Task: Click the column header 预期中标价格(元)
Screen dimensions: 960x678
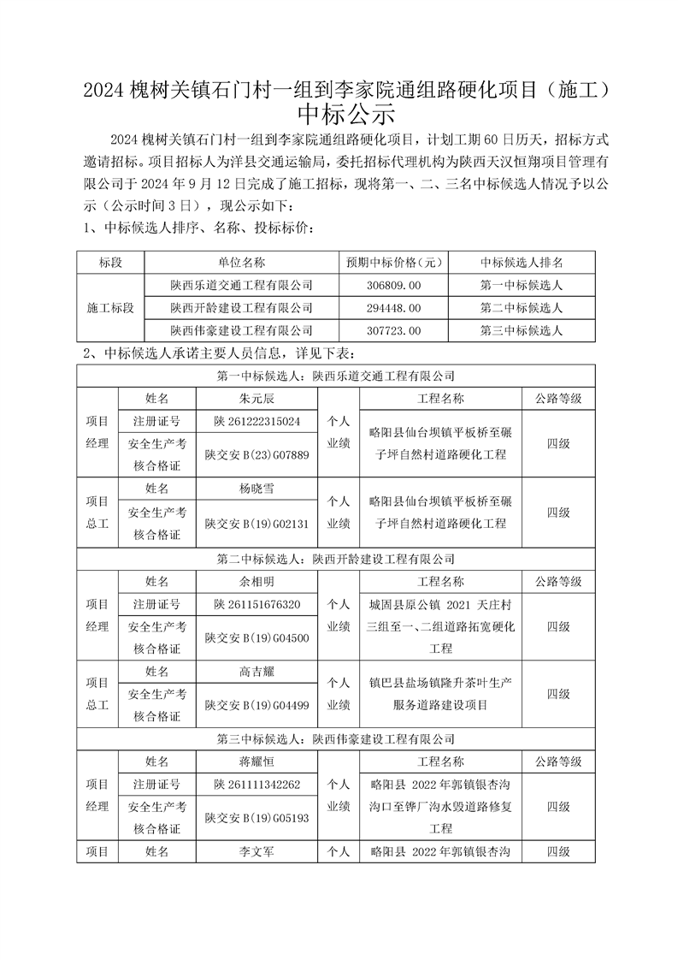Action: pyautogui.click(x=393, y=263)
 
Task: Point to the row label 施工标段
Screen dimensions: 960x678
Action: pyautogui.click(x=111, y=307)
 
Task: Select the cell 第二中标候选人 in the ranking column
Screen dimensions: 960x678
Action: pyautogui.click(x=521, y=307)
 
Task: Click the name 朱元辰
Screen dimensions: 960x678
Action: pyautogui.click(x=256, y=399)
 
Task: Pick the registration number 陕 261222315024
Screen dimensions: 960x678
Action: pyautogui.click(x=256, y=422)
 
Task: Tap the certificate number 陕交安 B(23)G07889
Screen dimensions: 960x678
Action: pyautogui.click(x=256, y=455)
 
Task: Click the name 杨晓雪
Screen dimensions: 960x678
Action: pyautogui.click(x=256, y=489)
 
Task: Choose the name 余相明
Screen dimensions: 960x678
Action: pyautogui.click(x=256, y=582)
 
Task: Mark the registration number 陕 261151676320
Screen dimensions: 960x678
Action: pyautogui.click(x=256, y=605)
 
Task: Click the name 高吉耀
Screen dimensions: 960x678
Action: pyautogui.click(x=256, y=672)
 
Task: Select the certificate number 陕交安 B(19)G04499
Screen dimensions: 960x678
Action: pyautogui.click(x=256, y=705)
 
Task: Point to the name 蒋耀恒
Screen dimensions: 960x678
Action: pyautogui.click(x=256, y=761)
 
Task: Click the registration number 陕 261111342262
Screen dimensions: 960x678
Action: pyautogui.click(x=256, y=785)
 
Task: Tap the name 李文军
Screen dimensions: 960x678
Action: pyautogui.click(x=256, y=852)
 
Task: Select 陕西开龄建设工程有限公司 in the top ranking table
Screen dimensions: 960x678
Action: pyautogui.click(x=241, y=307)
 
